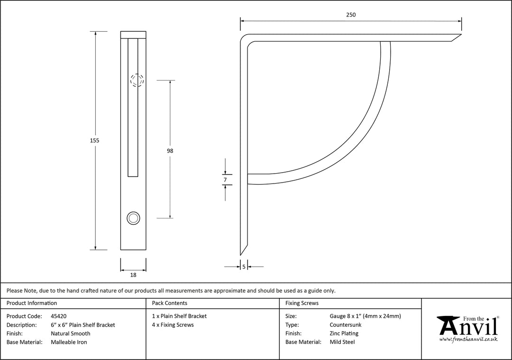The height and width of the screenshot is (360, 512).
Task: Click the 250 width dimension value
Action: (350, 15)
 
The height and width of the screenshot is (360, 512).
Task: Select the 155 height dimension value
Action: (95, 140)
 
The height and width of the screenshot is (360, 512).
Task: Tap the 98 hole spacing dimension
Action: (170, 151)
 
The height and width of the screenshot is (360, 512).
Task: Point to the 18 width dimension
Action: (133, 275)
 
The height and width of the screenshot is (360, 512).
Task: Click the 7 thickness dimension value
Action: (225, 180)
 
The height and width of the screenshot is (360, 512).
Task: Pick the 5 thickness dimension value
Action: (244, 267)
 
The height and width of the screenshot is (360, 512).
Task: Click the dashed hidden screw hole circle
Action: (137, 81)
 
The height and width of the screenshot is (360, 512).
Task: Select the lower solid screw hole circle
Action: (133, 218)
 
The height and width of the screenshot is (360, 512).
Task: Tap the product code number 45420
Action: (59, 316)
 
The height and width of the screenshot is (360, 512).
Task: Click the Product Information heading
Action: (32, 303)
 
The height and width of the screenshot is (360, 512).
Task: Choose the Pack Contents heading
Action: (169, 303)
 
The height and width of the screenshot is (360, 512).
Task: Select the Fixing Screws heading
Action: (302, 303)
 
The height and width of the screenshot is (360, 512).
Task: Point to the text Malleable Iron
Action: (69, 342)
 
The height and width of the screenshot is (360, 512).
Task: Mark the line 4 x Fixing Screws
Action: (173, 325)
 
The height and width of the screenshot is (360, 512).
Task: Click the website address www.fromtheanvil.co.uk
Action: (468, 339)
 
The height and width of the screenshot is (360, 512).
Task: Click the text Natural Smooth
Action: (70, 333)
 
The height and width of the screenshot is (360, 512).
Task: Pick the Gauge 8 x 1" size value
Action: (365, 316)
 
